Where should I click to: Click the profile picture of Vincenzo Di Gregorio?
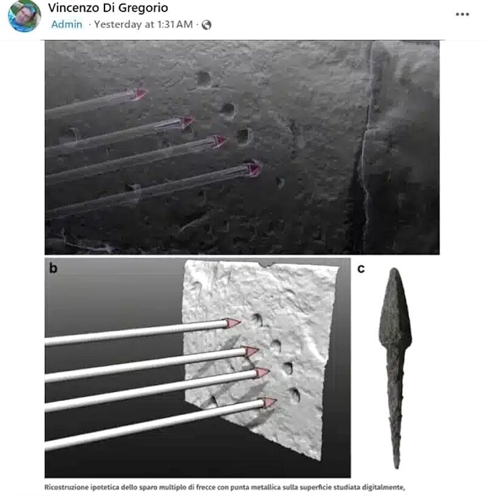coord(24,15)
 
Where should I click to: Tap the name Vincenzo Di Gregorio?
coord(108,8)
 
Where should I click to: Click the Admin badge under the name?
coord(67,24)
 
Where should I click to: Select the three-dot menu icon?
coord(462,14)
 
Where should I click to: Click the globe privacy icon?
coord(206,25)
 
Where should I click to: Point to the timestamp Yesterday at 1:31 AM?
coord(144,24)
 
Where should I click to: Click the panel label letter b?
coord(53,268)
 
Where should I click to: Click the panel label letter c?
coord(361,268)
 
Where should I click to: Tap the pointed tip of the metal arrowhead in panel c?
coord(394,268)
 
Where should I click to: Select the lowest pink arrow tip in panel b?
coord(270,403)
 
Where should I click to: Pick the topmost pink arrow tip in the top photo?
coord(140,94)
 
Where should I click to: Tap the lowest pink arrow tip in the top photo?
coord(255,168)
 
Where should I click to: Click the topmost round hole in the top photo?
coord(203,78)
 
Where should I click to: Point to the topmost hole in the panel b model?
coord(258,319)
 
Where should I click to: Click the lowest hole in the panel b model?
coord(295,395)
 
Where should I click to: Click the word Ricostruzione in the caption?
coord(66,487)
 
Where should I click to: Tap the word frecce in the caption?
coord(206,487)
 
